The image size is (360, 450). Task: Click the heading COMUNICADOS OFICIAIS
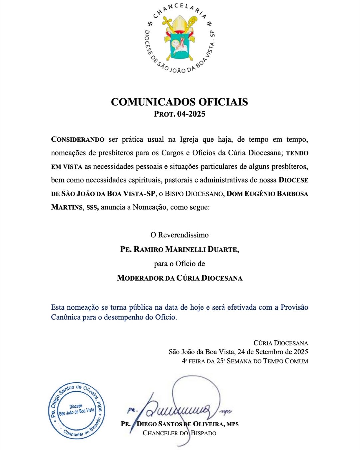[179, 102]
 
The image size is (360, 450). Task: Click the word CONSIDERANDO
[78, 139]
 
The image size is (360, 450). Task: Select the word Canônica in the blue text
[66, 317]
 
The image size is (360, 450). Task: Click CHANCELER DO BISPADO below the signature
[180, 433]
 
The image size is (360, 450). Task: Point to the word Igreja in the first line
[189, 139]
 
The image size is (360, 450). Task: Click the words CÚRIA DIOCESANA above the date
[281, 343]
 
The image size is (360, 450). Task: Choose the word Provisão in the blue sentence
[294, 307]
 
